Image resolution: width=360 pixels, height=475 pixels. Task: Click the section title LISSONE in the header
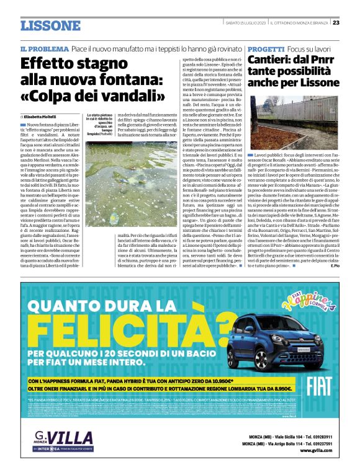click(50, 25)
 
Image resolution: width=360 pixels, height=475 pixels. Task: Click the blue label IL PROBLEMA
click(43, 48)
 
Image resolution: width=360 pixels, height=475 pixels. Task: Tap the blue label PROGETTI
click(267, 48)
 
